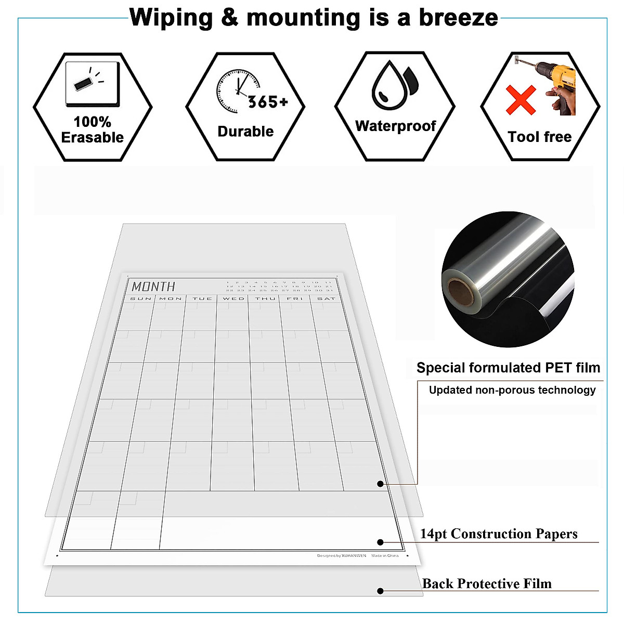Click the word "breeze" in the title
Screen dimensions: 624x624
(458, 17)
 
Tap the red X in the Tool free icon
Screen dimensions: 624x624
(521, 100)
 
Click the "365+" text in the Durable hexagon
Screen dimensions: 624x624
(268, 102)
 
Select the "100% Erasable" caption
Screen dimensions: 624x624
(93, 130)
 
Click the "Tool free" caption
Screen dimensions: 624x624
(539, 137)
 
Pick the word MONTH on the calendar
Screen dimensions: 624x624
(153, 287)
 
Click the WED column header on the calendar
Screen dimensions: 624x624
(233, 298)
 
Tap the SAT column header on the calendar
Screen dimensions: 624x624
(326, 298)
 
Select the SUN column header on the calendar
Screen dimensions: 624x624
(140, 298)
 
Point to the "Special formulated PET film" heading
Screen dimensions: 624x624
(508, 368)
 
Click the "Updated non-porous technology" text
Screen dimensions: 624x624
(512, 390)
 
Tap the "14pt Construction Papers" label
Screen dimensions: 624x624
(498, 534)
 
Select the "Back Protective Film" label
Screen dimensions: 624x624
(486, 584)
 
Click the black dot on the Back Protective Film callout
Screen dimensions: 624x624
(380, 591)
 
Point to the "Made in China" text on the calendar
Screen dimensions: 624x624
(385, 556)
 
